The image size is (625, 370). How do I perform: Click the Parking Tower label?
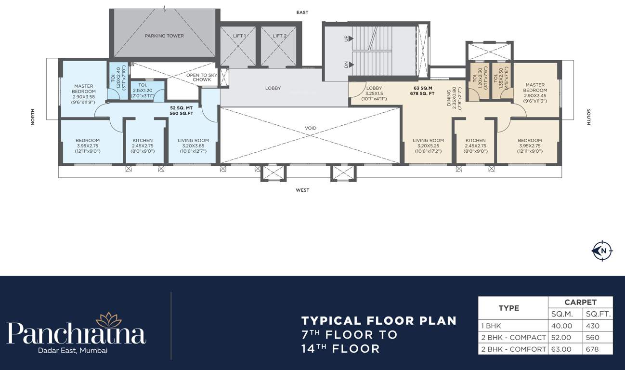coord(164,36)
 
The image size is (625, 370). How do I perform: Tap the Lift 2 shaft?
coord(280,46)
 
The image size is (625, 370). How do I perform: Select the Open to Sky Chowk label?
coord(202,78)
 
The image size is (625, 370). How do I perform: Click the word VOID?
coord(311,128)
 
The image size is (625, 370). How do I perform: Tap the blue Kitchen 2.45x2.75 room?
coord(143,145)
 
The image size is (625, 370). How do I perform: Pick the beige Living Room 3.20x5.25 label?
coord(428,145)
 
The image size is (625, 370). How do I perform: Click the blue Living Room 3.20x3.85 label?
coord(193,145)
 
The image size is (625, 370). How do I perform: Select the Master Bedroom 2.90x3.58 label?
coord(84,94)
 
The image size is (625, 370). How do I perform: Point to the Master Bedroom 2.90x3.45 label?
coord(535,93)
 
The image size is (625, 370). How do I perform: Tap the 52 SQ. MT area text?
coord(182,108)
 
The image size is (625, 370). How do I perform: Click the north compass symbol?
coord(602,251)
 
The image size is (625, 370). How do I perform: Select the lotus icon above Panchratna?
coord(109,320)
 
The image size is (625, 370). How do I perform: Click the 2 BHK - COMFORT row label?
coord(513,349)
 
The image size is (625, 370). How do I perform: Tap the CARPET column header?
coord(580,303)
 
